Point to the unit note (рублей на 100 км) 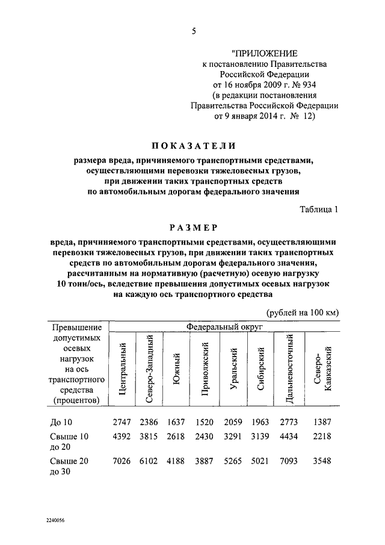[303, 311]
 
